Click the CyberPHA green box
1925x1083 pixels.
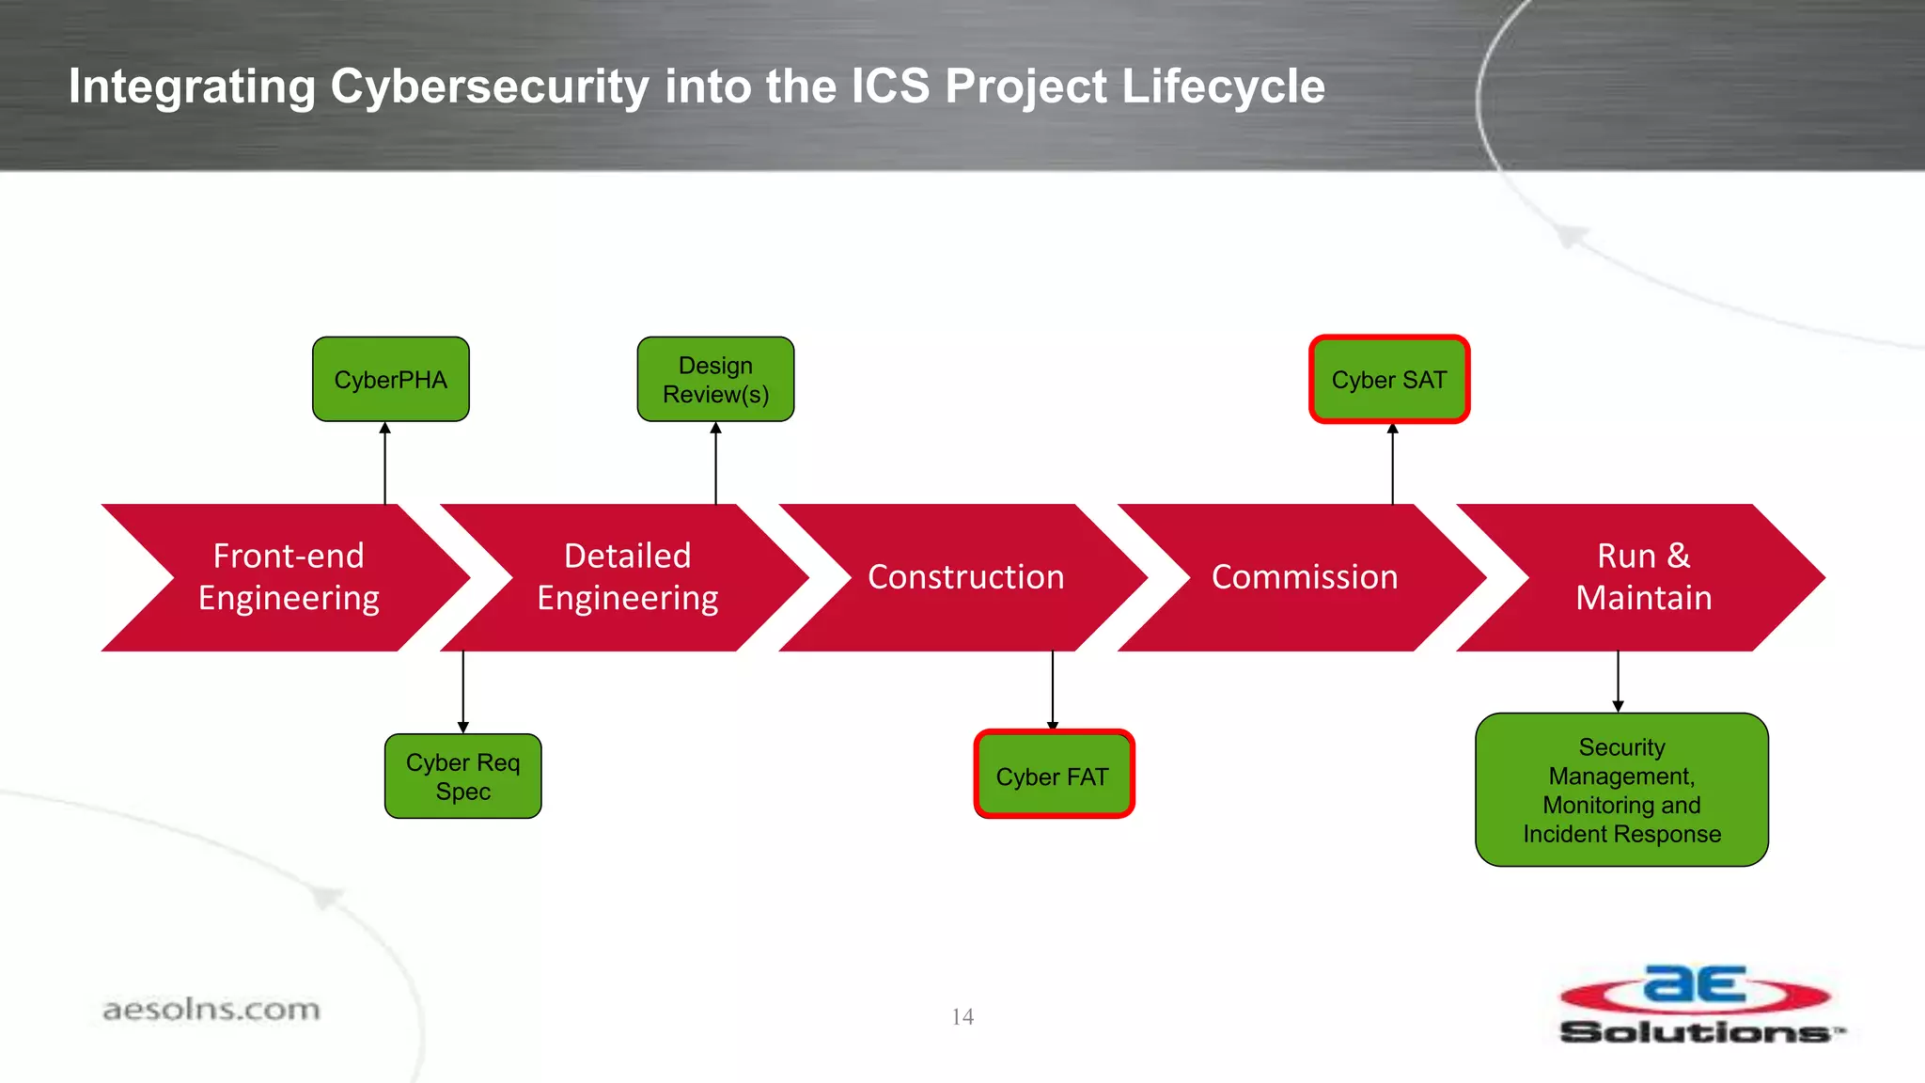click(390, 380)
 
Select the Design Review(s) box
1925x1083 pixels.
click(715, 380)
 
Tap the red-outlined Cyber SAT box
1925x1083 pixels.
click(1389, 380)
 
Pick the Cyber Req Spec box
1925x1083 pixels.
click(462, 777)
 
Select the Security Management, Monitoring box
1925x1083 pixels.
click(1621, 790)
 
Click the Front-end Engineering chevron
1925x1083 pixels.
click(289, 577)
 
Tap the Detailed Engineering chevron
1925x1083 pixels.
click(628, 577)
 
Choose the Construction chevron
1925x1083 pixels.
click(965, 577)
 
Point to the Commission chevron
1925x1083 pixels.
click(1305, 577)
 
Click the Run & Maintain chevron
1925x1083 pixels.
click(1643, 577)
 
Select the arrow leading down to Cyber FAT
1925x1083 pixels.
click(1053, 690)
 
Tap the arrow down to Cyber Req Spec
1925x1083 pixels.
click(462, 692)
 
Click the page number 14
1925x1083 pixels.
click(962, 1016)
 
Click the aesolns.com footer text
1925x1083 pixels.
click(211, 1010)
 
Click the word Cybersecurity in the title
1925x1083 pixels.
click(490, 87)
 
